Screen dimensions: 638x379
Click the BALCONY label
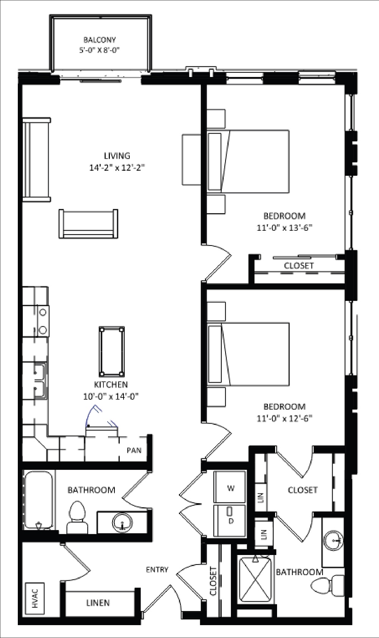[x=99, y=40]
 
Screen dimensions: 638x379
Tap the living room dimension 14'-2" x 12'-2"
[x=117, y=167]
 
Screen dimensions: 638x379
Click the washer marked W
[x=230, y=488]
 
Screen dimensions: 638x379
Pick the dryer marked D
[x=230, y=521]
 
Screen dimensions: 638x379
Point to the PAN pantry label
[x=134, y=450]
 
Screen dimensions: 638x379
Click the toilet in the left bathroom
[x=77, y=517]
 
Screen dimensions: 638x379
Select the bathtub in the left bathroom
[x=38, y=500]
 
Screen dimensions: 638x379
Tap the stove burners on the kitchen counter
[x=43, y=321]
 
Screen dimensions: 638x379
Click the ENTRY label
[x=157, y=569]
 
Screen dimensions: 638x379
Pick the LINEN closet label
[x=98, y=603]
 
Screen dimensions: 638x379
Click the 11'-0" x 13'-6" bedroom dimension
[x=284, y=228]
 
